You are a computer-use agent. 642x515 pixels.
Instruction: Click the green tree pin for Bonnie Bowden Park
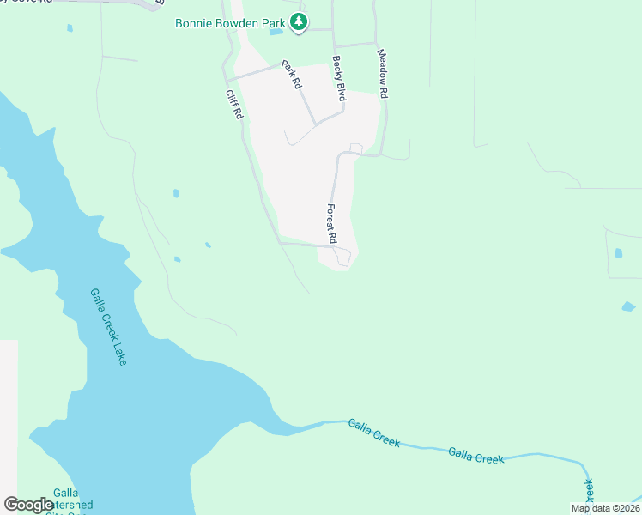(x=298, y=22)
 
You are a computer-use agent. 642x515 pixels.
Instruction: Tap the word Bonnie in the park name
(x=195, y=22)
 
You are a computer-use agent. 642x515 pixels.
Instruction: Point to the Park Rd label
(x=292, y=75)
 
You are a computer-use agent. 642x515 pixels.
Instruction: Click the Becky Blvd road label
(x=339, y=80)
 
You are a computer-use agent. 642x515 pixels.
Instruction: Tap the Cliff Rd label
(x=234, y=105)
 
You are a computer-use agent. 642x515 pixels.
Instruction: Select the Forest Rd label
(x=330, y=223)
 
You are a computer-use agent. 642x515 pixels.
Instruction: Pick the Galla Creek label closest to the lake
(x=374, y=432)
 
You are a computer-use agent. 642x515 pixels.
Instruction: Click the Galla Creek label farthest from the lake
(x=475, y=456)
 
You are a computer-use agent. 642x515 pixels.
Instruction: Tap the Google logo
(x=28, y=505)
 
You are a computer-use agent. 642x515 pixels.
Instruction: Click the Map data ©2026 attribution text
(x=605, y=508)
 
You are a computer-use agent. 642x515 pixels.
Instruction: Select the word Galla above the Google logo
(x=65, y=493)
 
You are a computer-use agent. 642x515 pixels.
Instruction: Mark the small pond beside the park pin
(x=276, y=33)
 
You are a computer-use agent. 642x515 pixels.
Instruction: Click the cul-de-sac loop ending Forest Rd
(x=342, y=257)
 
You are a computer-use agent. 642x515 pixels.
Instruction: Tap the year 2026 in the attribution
(x=628, y=508)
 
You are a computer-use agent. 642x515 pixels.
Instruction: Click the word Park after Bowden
(x=276, y=22)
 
